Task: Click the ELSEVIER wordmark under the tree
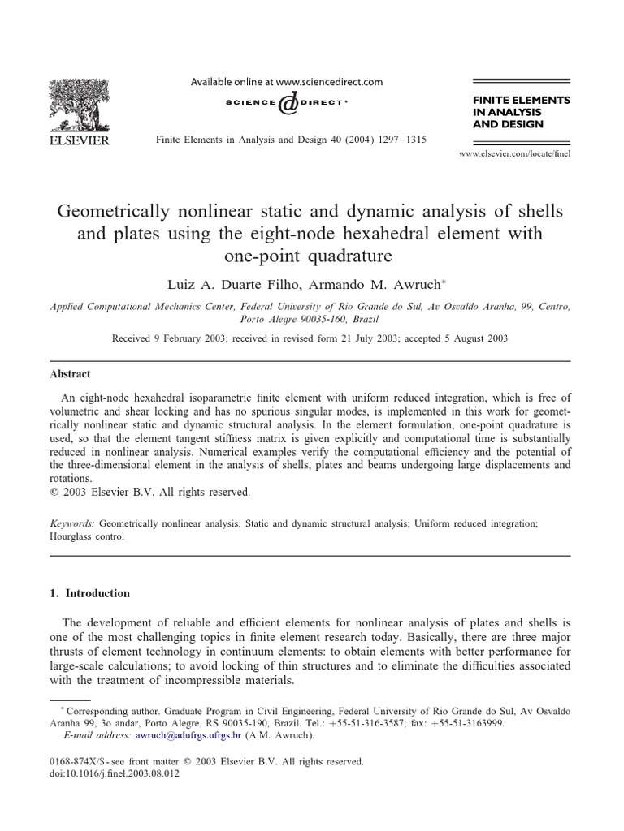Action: click(85, 140)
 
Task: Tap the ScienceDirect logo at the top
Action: click(286, 105)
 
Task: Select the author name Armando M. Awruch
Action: click(373, 286)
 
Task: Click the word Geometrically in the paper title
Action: click(110, 211)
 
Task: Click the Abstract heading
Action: click(70, 374)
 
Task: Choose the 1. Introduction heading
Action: click(89, 593)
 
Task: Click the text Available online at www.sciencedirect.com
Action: click(286, 82)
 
